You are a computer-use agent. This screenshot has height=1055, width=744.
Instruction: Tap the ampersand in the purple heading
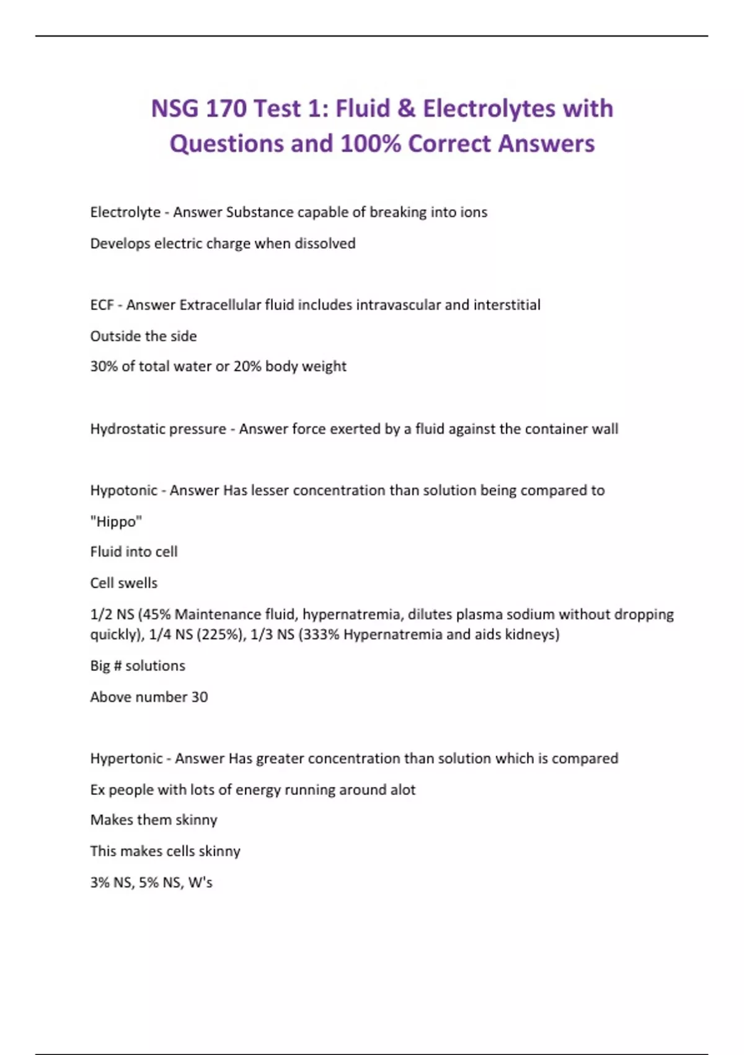coord(406,109)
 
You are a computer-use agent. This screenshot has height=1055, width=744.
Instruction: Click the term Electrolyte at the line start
coord(125,212)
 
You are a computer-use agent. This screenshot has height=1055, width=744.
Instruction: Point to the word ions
coord(474,212)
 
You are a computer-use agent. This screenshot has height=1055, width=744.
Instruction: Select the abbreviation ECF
coord(102,305)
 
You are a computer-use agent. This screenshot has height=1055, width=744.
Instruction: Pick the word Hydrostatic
coord(126,429)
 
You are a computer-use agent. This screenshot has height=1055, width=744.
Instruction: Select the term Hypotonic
coord(123,490)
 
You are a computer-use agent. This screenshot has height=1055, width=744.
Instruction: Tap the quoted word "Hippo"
coord(116,521)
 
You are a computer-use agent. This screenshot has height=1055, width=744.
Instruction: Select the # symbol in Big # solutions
coord(118,666)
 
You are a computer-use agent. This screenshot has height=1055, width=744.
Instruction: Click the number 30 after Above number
coord(199,697)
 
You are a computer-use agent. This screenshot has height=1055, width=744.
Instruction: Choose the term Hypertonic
coord(126,758)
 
